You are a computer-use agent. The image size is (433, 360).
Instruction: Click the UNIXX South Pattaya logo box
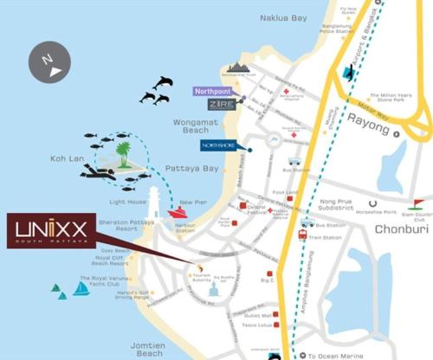[x=60, y=230]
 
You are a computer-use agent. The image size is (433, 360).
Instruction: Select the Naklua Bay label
[x=285, y=16]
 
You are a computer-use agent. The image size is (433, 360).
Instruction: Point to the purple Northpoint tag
[x=213, y=89]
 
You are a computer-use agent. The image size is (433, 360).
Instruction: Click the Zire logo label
[x=222, y=104]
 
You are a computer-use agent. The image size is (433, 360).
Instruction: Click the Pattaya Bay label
[x=198, y=169]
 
